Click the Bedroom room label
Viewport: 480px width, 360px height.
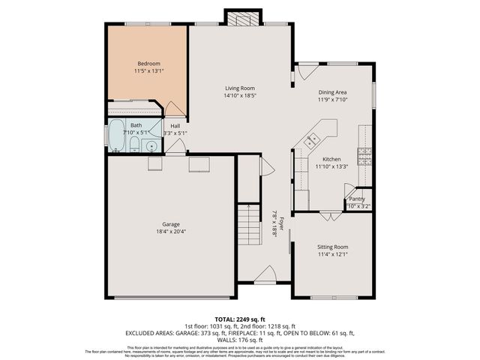point(148,63)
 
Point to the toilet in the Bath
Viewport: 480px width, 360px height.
point(135,145)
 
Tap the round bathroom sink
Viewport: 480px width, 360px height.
point(151,145)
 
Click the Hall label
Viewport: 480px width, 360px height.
point(175,125)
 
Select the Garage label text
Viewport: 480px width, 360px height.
point(171,224)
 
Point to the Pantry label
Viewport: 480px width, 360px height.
point(357,199)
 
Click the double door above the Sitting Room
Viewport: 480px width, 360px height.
point(331,216)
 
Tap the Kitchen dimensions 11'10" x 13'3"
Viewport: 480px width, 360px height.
point(331,167)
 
